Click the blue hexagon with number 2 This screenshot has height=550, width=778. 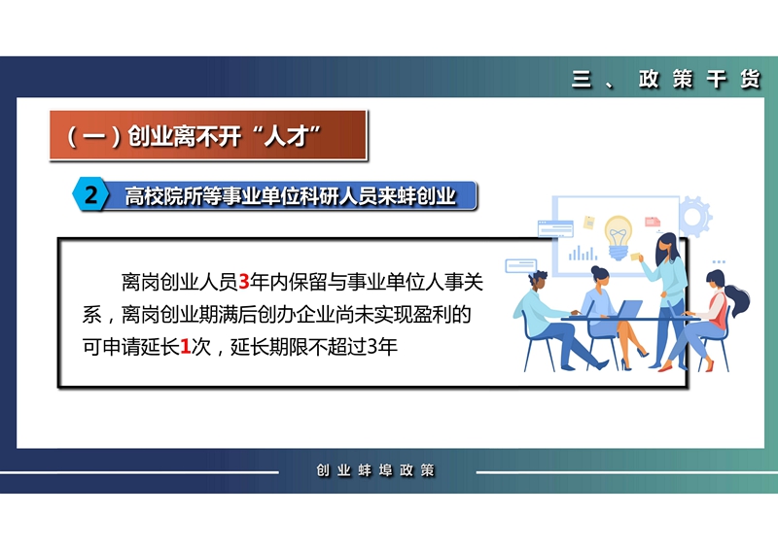tap(90, 194)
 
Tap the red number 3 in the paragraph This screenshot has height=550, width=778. tap(244, 282)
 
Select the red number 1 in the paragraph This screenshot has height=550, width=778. tap(185, 347)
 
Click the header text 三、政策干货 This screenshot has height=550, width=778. tap(666, 79)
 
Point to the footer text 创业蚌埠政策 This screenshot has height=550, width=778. tap(375, 469)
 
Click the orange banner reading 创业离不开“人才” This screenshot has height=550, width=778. tap(208, 135)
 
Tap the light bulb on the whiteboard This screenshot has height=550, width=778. tap(618, 237)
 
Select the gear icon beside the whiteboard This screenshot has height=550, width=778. tap(695, 217)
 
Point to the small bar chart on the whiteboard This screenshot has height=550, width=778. tap(583, 253)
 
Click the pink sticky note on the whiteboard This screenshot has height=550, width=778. tap(652, 222)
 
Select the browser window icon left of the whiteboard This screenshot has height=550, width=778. tap(555, 228)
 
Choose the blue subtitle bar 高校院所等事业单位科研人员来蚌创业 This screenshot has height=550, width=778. tap(290, 196)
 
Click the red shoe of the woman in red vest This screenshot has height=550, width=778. tap(710, 366)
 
